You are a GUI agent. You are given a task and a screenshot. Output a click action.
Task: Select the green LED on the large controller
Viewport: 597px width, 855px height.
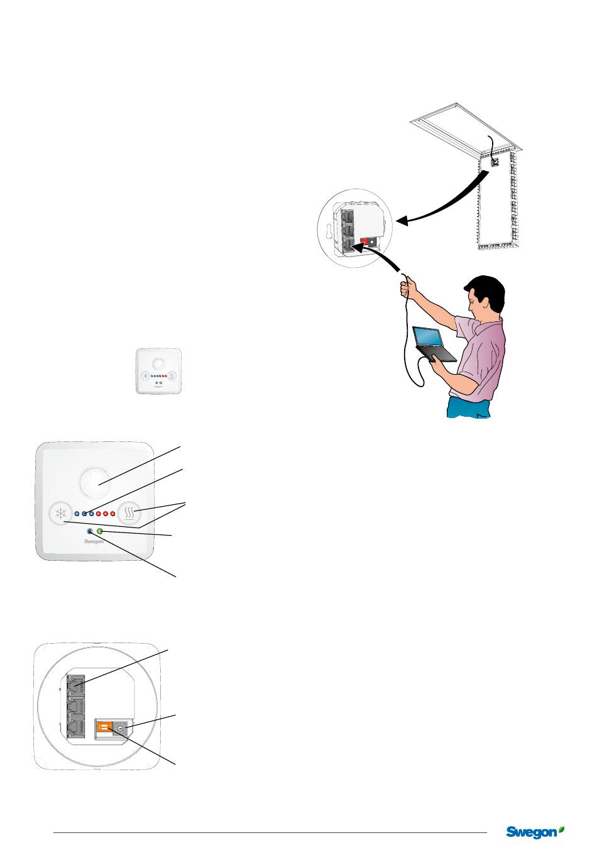tap(100, 532)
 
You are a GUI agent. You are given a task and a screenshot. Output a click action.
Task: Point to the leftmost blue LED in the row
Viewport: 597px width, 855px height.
tap(76, 514)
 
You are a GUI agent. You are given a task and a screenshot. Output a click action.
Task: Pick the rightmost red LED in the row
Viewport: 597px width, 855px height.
tap(112, 514)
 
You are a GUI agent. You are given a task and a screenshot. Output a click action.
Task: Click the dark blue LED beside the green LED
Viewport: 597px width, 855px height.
tap(90, 532)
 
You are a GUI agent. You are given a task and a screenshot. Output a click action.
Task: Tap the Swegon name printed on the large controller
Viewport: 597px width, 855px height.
tap(94, 541)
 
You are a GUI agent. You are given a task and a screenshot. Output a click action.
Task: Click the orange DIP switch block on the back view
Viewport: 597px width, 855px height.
tap(104, 728)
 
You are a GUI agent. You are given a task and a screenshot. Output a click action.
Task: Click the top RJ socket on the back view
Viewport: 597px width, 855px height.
tap(76, 683)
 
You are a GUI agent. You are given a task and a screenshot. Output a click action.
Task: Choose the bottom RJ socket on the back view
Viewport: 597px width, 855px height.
tap(76, 728)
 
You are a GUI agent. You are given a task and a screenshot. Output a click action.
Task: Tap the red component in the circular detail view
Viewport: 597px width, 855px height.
tap(363, 241)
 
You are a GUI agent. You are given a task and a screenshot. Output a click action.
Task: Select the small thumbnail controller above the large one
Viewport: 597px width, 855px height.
tap(159, 372)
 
